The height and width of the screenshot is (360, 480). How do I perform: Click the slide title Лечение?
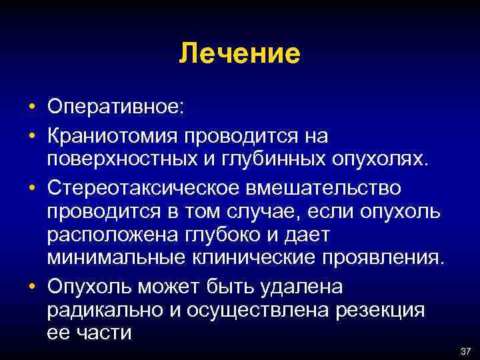pos(239,54)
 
